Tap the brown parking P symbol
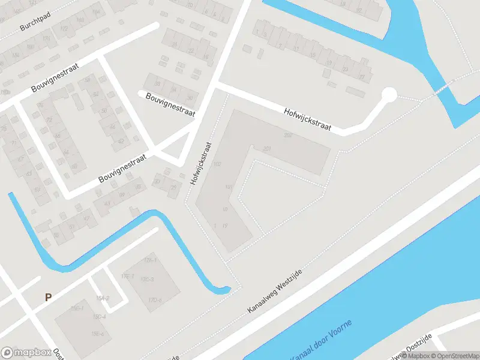tap(48, 296)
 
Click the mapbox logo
tap(25, 353)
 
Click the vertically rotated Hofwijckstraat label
tap(201, 163)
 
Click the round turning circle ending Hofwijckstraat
tap(389, 94)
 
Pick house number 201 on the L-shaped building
tap(268, 149)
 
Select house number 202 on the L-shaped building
tap(288, 135)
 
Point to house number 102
tap(217, 164)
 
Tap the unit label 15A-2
tap(102, 298)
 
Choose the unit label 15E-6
tap(98, 334)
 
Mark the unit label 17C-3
tap(147, 280)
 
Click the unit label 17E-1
tap(126, 276)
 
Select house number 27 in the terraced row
tap(361, 77)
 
